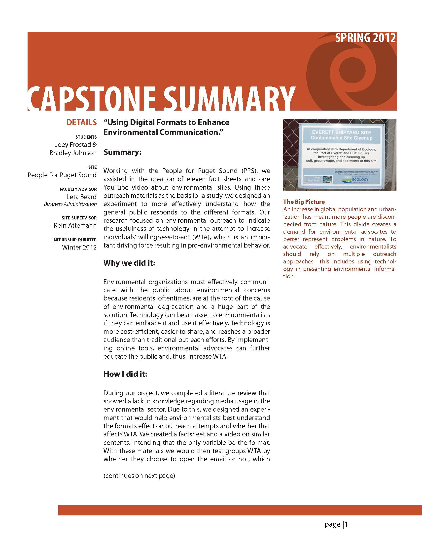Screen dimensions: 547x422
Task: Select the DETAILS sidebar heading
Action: pos(81,123)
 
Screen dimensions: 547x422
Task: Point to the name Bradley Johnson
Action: pos(73,153)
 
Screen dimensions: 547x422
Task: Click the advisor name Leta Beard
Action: pos(81,197)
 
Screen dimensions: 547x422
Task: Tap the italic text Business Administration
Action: pos(70,204)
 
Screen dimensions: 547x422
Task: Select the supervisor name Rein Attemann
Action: pos(75,225)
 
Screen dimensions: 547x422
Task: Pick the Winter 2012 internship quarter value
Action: pos(79,247)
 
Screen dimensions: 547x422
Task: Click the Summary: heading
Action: pos(123,152)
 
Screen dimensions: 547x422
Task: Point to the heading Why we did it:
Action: pos(129,263)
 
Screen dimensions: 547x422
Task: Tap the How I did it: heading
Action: pos(125,374)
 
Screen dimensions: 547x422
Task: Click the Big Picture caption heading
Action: pos(304,202)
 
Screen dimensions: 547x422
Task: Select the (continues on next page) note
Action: pos(139,476)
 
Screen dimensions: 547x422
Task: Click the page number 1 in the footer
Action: pos(347,524)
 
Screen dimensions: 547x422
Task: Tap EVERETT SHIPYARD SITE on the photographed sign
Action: pos(341,132)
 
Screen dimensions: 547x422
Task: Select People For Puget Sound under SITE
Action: pos(62,175)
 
